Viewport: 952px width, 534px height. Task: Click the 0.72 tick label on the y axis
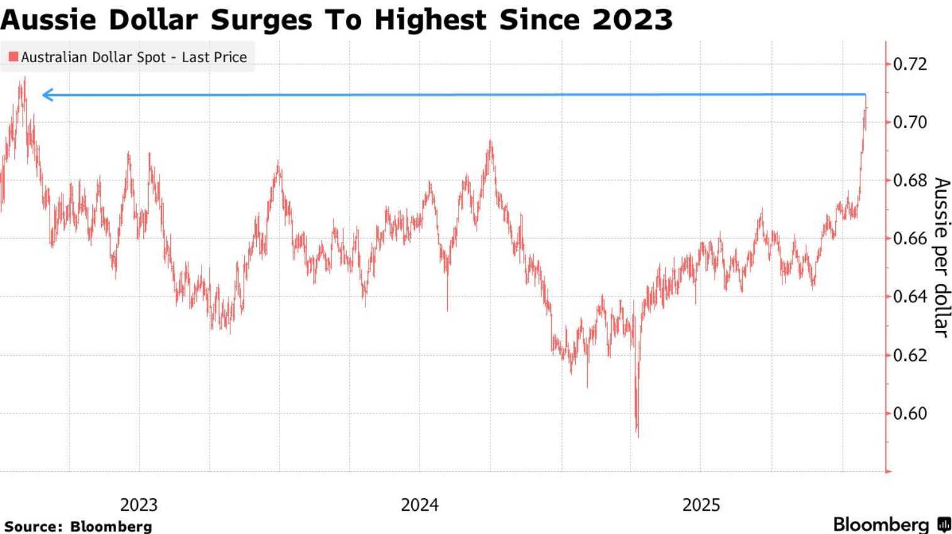click(x=909, y=64)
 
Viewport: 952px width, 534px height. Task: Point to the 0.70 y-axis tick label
click(x=909, y=122)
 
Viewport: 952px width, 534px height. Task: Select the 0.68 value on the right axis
click(x=909, y=180)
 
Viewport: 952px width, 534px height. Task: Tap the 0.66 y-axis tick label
click(x=909, y=239)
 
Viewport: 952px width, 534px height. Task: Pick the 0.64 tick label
click(x=909, y=297)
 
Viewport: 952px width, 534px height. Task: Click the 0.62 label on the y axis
click(x=909, y=356)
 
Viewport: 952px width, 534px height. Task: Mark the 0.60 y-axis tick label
click(x=909, y=413)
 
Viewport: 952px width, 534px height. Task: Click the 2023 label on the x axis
click(x=139, y=505)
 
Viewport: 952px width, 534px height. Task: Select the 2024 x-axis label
click(x=419, y=505)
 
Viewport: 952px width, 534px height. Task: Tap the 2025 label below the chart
click(x=701, y=505)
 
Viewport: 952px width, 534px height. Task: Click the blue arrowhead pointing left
click(x=46, y=95)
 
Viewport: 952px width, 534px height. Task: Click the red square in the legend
click(x=13, y=57)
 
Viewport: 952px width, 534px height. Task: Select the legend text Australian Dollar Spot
click(x=93, y=57)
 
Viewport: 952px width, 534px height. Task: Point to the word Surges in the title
click(x=261, y=20)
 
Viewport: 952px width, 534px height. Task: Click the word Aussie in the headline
click(x=48, y=20)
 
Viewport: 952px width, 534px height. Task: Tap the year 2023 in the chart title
click(x=632, y=20)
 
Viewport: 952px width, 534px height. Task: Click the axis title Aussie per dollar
click(x=941, y=256)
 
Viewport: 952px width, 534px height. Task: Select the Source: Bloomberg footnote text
click(x=78, y=526)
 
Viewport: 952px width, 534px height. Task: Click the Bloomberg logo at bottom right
click(x=891, y=525)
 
